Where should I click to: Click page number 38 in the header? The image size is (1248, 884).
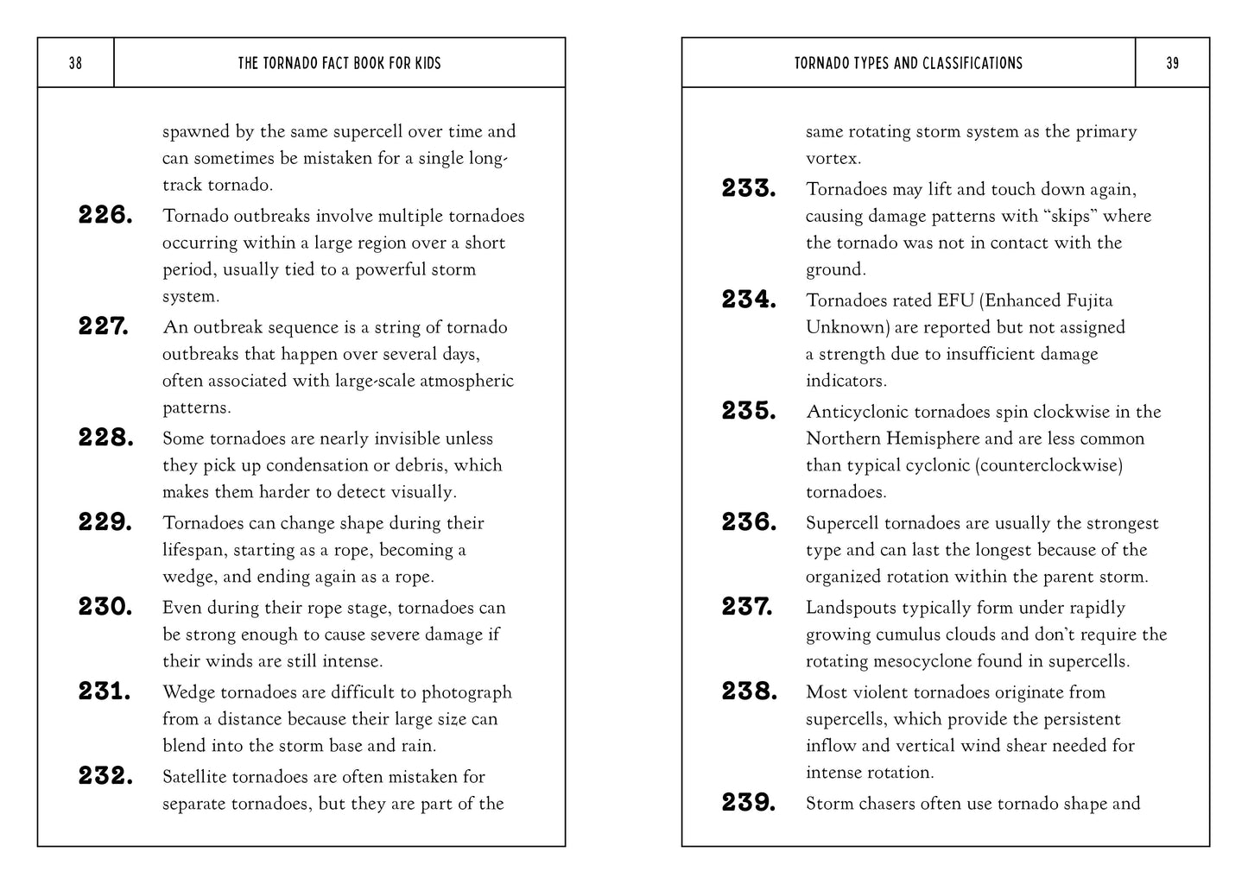[75, 63]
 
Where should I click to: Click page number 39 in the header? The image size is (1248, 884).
[1172, 63]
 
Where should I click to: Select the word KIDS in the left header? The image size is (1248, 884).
[425, 63]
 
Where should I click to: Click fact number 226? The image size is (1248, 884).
[105, 215]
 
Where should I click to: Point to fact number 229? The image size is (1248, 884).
[105, 522]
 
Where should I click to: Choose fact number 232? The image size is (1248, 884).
[105, 776]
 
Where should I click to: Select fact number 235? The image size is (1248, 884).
[749, 411]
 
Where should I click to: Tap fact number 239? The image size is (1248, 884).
[749, 803]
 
